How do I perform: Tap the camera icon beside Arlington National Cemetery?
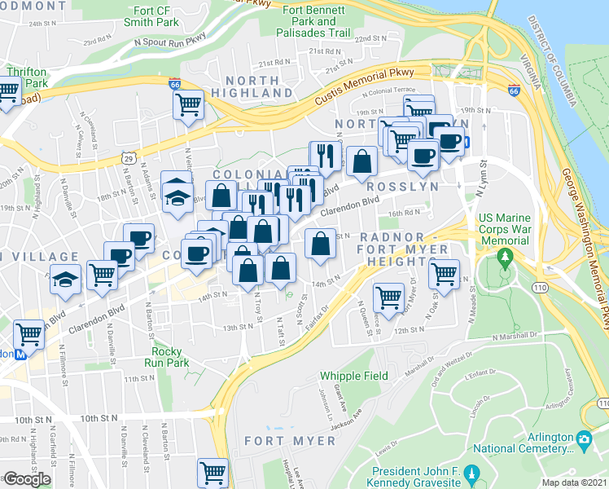[x=583, y=441]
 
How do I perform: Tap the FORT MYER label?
[x=290, y=441]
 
